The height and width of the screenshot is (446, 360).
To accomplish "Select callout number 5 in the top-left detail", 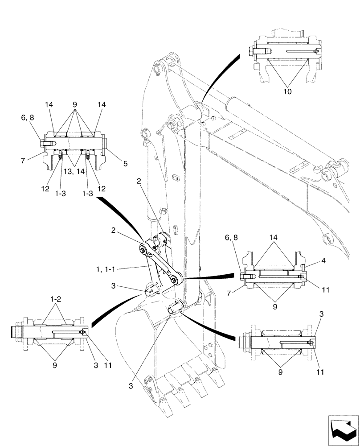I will click(126, 164).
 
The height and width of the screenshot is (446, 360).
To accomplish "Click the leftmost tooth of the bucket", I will click(152, 388).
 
